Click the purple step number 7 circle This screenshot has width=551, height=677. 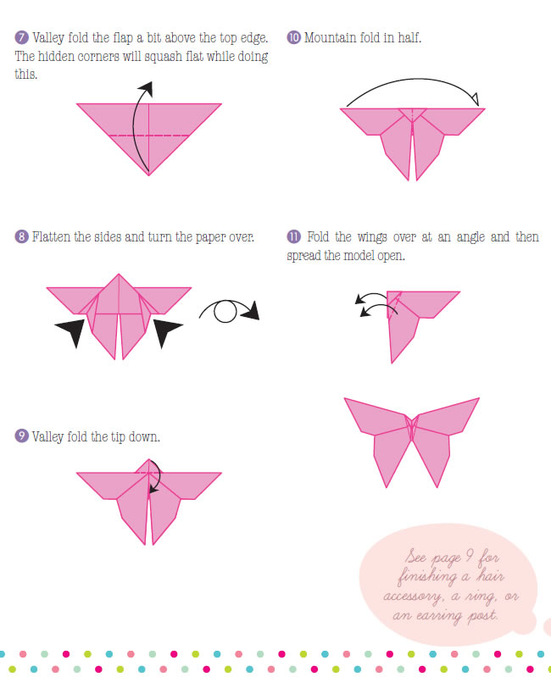tap(21, 37)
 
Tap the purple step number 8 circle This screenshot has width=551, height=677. tap(21, 236)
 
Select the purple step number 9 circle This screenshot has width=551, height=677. tap(21, 436)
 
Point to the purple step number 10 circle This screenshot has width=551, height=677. tap(293, 37)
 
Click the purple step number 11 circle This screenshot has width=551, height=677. tap(293, 236)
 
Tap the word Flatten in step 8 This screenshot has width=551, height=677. tap(52, 237)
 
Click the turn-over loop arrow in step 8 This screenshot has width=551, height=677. tap(229, 310)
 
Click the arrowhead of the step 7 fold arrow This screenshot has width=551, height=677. tap(147, 88)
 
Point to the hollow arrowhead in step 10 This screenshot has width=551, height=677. tap(475, 99)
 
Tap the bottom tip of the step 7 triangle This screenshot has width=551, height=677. tap(149, 175)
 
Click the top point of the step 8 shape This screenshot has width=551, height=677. tap(119, 274)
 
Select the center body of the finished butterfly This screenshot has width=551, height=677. tap(411, 427)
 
